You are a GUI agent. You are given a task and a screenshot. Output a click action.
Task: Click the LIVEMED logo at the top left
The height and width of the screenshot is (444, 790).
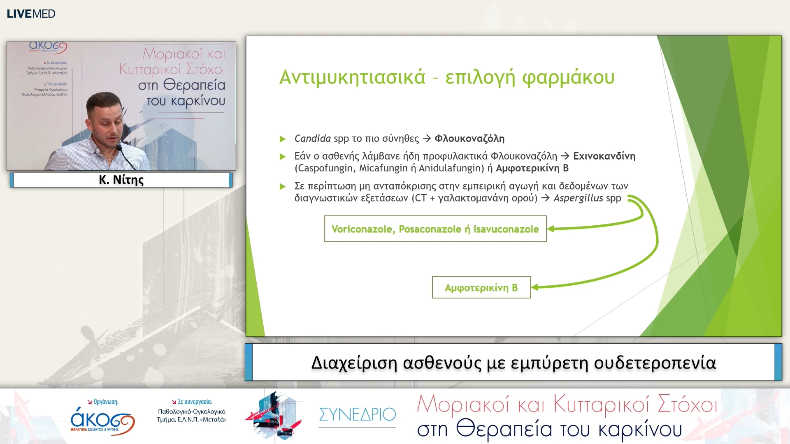[31, 14]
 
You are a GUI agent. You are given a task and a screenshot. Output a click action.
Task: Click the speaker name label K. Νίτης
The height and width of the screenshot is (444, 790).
[121, 180]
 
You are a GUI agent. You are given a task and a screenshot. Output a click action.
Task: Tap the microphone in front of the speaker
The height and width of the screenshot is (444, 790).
[119, 148]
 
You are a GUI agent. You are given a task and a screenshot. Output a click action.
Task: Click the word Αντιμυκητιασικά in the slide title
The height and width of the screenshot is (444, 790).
[352, 77]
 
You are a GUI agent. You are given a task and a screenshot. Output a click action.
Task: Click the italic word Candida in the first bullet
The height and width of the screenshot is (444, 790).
[312, 139]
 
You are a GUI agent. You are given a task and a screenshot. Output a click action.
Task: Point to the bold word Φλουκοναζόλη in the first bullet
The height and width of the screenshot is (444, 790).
[469, 139]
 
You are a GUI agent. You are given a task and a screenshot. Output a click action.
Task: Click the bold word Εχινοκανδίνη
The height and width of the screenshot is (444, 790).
[604, 156]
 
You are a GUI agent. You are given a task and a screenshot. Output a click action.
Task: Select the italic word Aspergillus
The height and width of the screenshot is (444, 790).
[578, 198]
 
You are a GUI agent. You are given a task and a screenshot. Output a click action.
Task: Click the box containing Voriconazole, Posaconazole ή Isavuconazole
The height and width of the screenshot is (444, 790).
[435, 229]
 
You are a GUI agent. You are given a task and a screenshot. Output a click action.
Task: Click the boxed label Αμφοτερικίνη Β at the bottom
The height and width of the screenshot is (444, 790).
[481, 287]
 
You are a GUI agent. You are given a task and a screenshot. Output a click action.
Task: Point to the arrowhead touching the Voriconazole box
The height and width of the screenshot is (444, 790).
[551, 229]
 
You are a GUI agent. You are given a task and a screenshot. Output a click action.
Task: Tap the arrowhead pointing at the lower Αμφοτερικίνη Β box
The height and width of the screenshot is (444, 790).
[535, 287]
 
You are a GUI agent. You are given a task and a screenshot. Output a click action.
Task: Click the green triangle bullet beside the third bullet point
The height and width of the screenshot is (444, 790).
[283, 187]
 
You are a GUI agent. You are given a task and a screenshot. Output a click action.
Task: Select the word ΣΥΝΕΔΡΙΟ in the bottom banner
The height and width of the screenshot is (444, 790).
[357, 414]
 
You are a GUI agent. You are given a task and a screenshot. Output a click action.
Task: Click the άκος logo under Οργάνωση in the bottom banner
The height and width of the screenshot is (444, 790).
[102, 420]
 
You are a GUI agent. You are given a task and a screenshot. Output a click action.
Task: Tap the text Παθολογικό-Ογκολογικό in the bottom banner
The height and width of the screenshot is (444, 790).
[192, 412]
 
